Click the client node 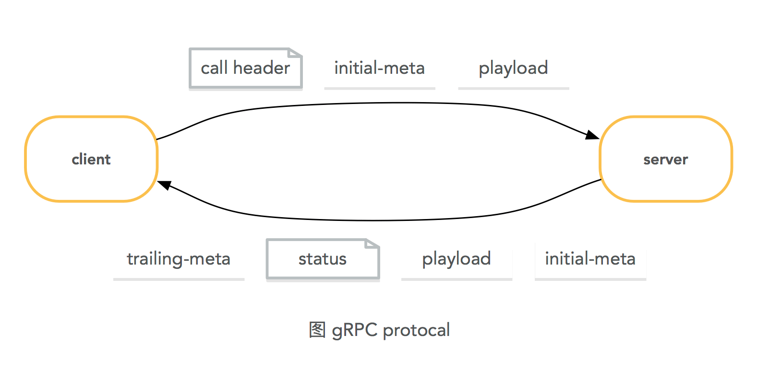[x=91, y=159]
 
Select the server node [x=665, y=159]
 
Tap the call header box [x=245, y=68]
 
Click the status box [x=323, y=259]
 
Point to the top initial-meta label [x=379, y=68]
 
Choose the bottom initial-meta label [x=590, y=259]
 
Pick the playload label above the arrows [x=513, y=68]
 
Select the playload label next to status [x=457, y=259]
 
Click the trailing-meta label [x=179, y=259]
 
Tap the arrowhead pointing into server [x=592, y=135]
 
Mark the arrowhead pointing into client [x=164, y=185]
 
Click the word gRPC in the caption [x=354, y=330]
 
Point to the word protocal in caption [x=416, y=330]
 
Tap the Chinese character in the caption [x=317, y=330]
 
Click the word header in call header [x=262, y=68]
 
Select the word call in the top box [x=214, y=68]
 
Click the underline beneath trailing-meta [x=179, y=279]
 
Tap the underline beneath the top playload [x=513, y=88]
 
